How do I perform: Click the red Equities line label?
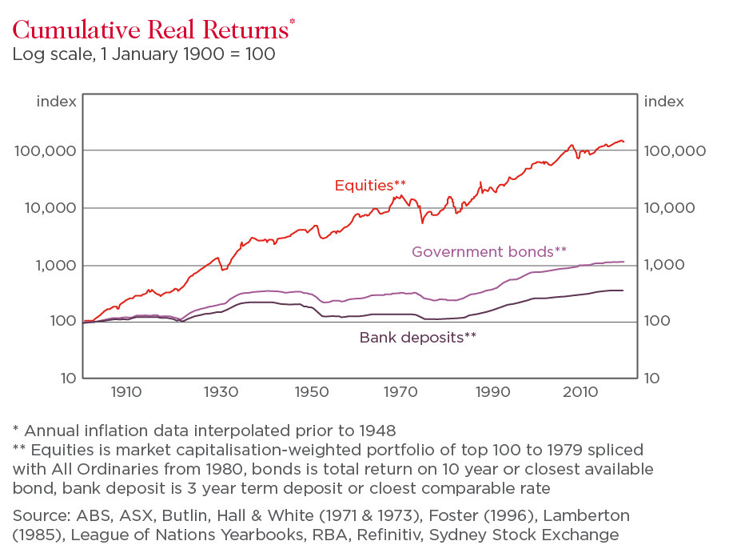370,186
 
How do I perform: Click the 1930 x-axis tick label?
218,392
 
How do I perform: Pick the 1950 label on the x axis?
309,392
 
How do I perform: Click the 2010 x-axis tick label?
581,392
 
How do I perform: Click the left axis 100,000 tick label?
46,151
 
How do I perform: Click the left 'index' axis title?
57,102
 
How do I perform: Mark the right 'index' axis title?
664,102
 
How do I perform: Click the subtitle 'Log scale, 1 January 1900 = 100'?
144,55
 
